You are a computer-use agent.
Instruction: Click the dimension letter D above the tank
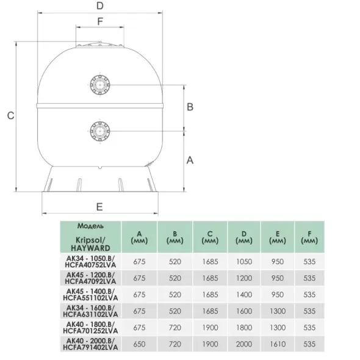[100, 5]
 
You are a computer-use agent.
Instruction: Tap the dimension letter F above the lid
[100, 21]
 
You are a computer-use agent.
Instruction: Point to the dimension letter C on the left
[11, 115]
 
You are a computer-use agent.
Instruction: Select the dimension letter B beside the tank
[190, 107]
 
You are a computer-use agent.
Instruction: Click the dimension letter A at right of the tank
[190, 160]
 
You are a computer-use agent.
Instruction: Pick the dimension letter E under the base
[99, 207]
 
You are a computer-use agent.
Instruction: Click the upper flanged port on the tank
[100, 85]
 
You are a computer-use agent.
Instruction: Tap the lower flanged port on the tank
[100, 131]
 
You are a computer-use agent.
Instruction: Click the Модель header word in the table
[90, 226]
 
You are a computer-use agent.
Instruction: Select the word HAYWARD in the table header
[90, 248]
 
